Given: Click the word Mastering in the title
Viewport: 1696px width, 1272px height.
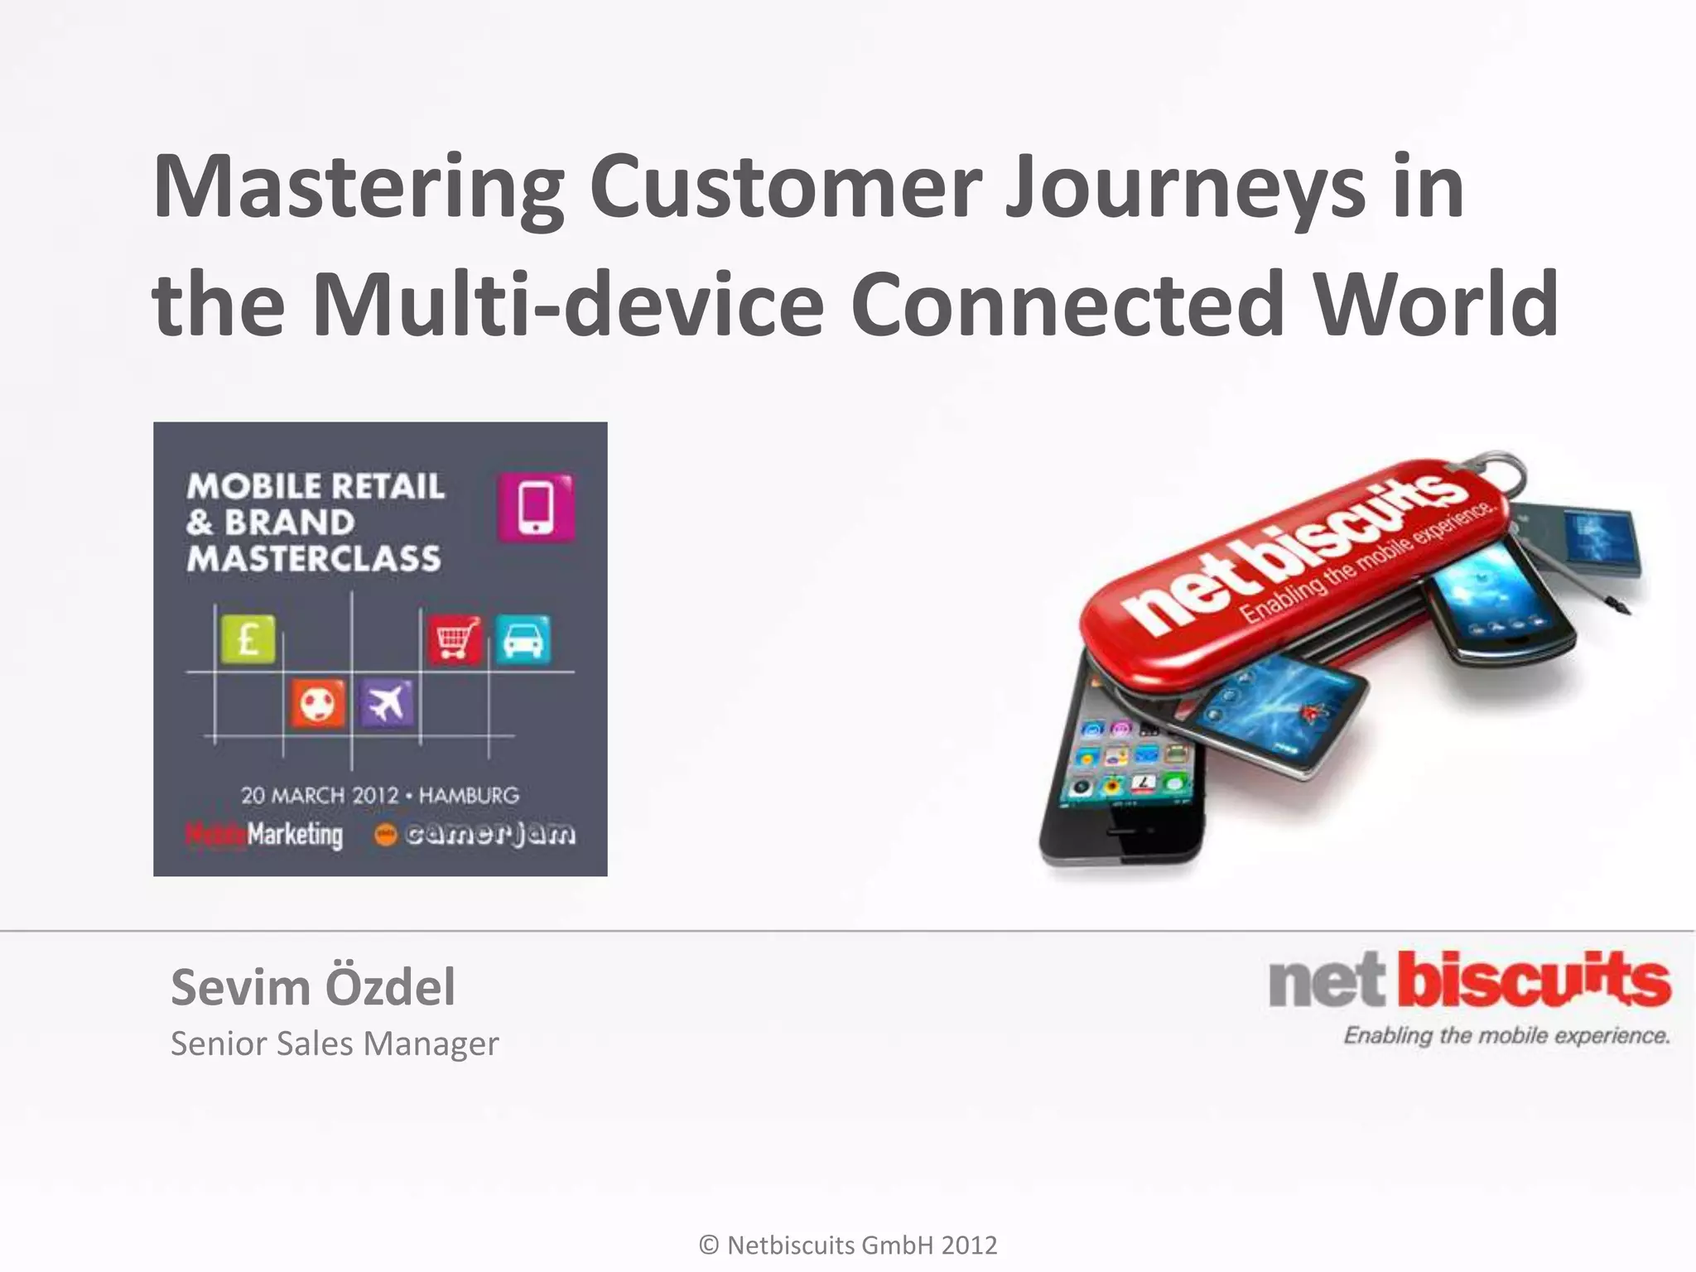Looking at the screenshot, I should click(358, 189).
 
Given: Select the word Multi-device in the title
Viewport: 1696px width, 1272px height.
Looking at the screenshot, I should click(568, 305).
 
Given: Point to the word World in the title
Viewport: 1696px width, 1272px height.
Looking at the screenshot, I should click(1437, 305).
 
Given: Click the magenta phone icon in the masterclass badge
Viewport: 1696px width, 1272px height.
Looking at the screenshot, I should click(536, 508).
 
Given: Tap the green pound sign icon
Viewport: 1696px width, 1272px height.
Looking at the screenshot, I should click(248, 639).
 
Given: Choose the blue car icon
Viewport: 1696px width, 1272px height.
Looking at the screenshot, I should click(523, 639).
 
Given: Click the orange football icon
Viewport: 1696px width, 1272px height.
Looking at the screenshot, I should click(317, 705).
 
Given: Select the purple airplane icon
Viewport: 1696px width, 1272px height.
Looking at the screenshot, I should click(387, 704).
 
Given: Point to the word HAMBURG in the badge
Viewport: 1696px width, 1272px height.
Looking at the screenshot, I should click(469, 796).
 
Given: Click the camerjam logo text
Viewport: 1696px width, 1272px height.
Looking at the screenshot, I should click(489, 834).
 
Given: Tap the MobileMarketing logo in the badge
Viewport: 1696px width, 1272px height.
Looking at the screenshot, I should click(264, 835).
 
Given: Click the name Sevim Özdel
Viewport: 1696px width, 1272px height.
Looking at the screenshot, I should click(312, 987).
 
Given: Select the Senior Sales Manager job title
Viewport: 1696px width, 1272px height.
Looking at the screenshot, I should click(334, 1043).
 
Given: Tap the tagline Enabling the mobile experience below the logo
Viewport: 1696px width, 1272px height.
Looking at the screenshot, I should click(1506, 1036).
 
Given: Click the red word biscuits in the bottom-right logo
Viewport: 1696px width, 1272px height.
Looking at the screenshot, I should click(1534, 982).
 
